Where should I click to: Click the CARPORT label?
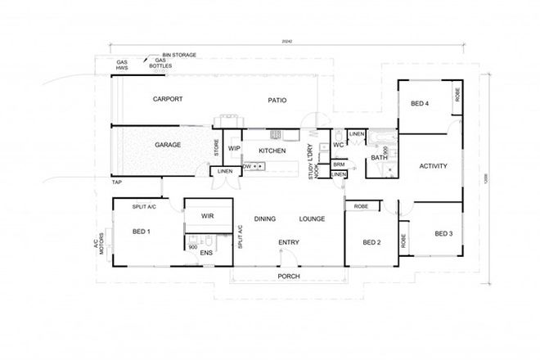(167, 99)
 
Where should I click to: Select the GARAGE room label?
(167, 145)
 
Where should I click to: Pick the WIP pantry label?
(233, 148)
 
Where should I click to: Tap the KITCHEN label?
(272, 151)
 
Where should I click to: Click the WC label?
(337, 145)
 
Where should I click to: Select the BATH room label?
(379, 157)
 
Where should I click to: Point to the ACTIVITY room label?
(432, 166)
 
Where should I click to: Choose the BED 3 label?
(443, 234)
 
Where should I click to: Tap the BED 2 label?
(371, 243)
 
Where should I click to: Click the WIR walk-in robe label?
(208, 215)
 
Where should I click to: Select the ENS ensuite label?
(208, 254)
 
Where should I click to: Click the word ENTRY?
(288, 242)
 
